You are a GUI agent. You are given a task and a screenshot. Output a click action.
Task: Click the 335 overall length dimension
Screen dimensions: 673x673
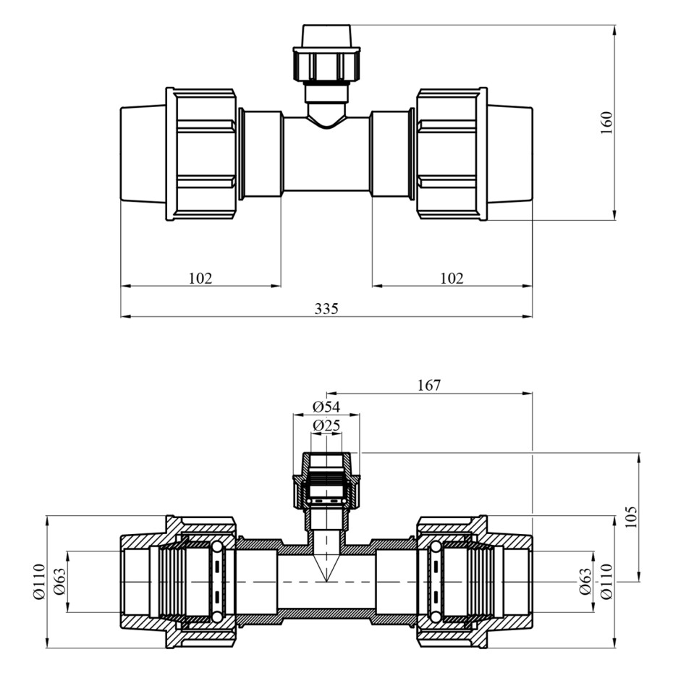click(326, 308)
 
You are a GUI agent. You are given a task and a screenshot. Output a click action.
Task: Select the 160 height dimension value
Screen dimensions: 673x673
click(607, 123)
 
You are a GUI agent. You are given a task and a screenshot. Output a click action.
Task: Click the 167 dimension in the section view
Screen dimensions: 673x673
click(429, 385)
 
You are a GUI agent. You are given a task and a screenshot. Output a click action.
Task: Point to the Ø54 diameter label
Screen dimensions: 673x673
click(326, 406)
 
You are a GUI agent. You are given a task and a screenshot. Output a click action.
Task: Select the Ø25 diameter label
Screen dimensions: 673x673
click(326, 426)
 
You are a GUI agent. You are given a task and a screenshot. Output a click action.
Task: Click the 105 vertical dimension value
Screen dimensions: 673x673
click(631, 517)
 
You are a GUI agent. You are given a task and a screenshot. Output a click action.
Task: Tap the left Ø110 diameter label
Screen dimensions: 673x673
click(38, 582)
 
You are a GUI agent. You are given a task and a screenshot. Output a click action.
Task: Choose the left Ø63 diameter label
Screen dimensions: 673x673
click(59, 582)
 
